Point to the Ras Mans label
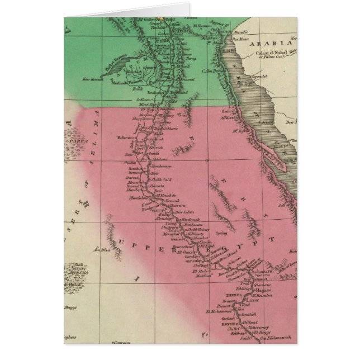[x=224, y=39]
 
